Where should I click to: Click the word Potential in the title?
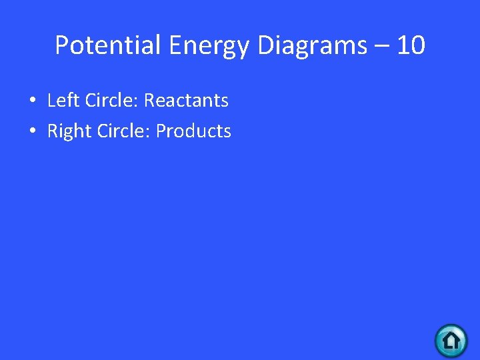tap(108, 46)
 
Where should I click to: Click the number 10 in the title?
tap(411, 46)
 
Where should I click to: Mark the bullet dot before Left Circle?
tap(31, 101)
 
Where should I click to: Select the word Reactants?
tap(186, 101)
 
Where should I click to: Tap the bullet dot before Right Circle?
tap(31, 132)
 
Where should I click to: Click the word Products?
tap(193, 131)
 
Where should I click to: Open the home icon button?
tap(451, 341)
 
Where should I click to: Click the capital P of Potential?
tap(62, 46)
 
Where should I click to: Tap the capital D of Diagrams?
tap(263, 46)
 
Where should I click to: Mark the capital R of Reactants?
tap(150, 101)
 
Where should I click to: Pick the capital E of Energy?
tap(176, 46)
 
